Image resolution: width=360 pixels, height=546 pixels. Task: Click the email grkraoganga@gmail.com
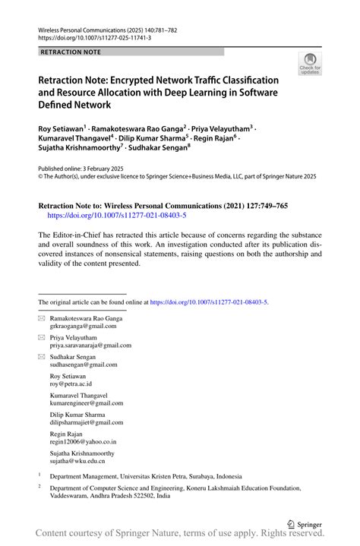click(84, 326)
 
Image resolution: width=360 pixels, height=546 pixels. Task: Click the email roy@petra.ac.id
click(73, 383)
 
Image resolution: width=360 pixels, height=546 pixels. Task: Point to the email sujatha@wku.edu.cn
click(77, 460)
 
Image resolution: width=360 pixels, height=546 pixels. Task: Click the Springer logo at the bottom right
click(303, 523)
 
